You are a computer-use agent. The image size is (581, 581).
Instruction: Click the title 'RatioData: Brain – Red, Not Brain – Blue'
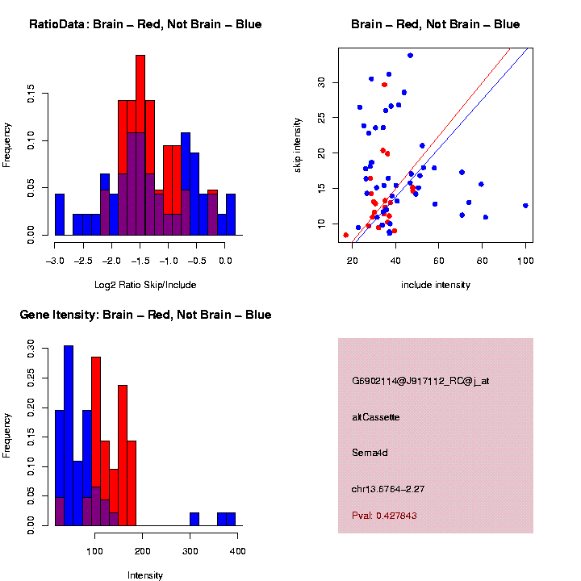pyautogui.click(x=145, y=24)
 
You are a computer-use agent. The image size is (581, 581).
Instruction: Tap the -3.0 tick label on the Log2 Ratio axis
pyautogui.click(x=54, y=261)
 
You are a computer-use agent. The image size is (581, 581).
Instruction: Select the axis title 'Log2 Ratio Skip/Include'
pyautogui.click(x=145, y=285)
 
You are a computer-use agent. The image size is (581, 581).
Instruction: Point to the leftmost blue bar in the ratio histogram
pyautogui.click(x=59, y=215)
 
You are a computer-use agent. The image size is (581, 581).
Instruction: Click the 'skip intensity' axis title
pyautogui.click(x=298, y=144)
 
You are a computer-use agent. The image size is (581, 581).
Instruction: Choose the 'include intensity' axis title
pyautogui.click(x=436, y=285)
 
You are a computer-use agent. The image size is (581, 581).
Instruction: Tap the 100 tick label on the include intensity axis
pyautogui.click(x=525, y=261)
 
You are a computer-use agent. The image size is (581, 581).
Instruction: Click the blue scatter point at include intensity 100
pyautogui.click(x=525, y=206)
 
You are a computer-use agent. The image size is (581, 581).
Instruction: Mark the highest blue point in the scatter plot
pyautogui.click(x=411, y=55)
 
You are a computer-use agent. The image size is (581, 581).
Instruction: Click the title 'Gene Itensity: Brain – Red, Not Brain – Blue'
pyautogui.click(x=145, y=315)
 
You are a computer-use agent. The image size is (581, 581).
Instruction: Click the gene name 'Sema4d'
pyautogui.click(x=370, y=453)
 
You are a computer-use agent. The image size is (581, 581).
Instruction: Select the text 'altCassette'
pyautogui.click(x=376, y=417)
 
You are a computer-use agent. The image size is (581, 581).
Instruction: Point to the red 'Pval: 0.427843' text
pyautogui.click(x=385, y=516)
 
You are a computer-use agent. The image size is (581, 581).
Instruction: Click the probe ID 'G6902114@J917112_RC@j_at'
pyautogui.click(x=420, y=381)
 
